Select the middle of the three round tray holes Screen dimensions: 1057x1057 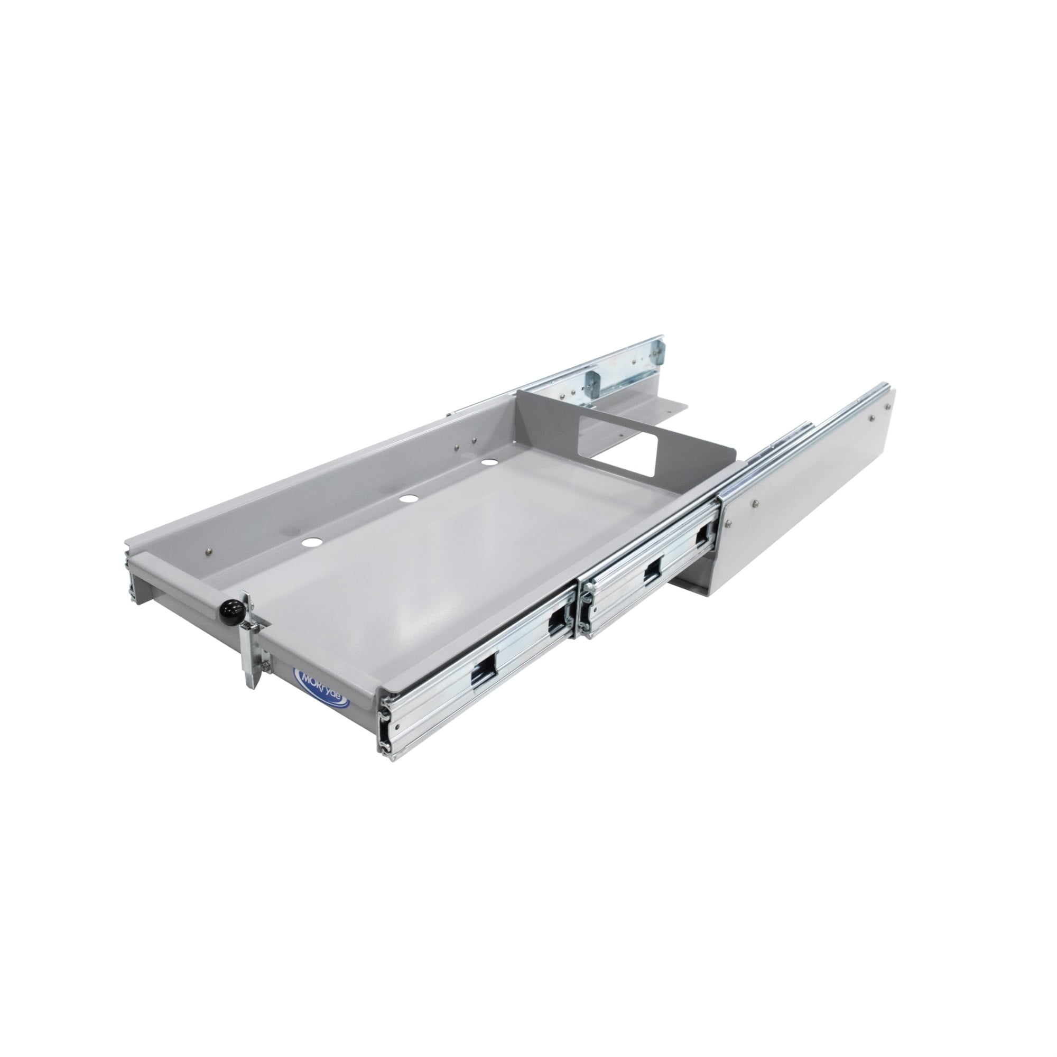407,499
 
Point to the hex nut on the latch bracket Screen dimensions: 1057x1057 265,664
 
